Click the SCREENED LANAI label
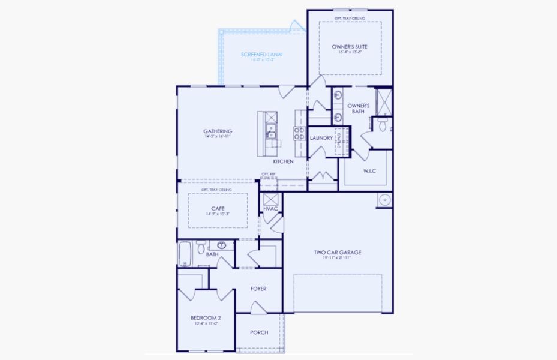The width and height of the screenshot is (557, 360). click(x=262, y=55)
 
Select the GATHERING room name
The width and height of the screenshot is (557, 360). click(x=217, y=131)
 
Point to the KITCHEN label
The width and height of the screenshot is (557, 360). click(x=283, y=162)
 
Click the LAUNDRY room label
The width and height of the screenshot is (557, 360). click(x=321, y=138)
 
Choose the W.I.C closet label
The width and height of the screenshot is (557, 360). click(x=369, y=170)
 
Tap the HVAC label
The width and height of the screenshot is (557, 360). click(x=270, y=208)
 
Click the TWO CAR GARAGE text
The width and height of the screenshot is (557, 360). click(x=338, y=253)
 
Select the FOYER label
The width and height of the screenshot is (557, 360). click(x=258, y=289)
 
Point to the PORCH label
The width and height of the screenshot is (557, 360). click(x=259, y=332)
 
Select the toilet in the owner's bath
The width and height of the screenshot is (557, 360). click(x=382, y=124)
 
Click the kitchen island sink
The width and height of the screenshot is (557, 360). click(x=271, y=129)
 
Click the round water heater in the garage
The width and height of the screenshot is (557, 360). click(x=384, y=200)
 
